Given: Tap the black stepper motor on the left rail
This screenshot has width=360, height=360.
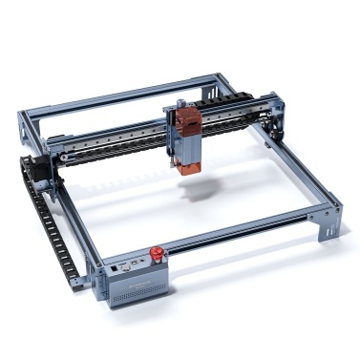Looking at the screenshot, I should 44,172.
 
